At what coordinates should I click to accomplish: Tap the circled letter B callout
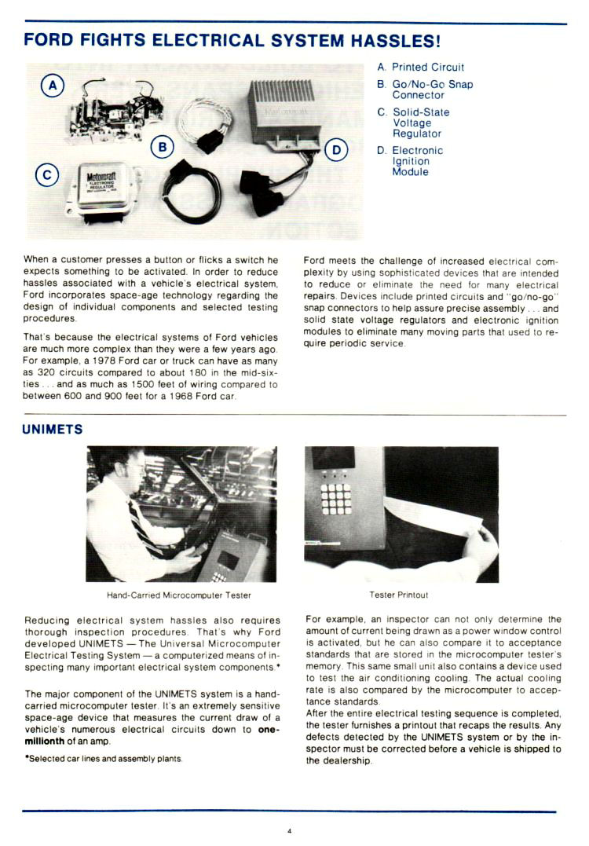[x=162, y=146]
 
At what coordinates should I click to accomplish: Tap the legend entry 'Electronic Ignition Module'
[x=417, y=161]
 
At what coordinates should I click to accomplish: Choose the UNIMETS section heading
[x=53, y=430]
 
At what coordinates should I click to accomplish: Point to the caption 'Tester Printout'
[x=399, y=595]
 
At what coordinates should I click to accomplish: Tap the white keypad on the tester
[x=335, y=497]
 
